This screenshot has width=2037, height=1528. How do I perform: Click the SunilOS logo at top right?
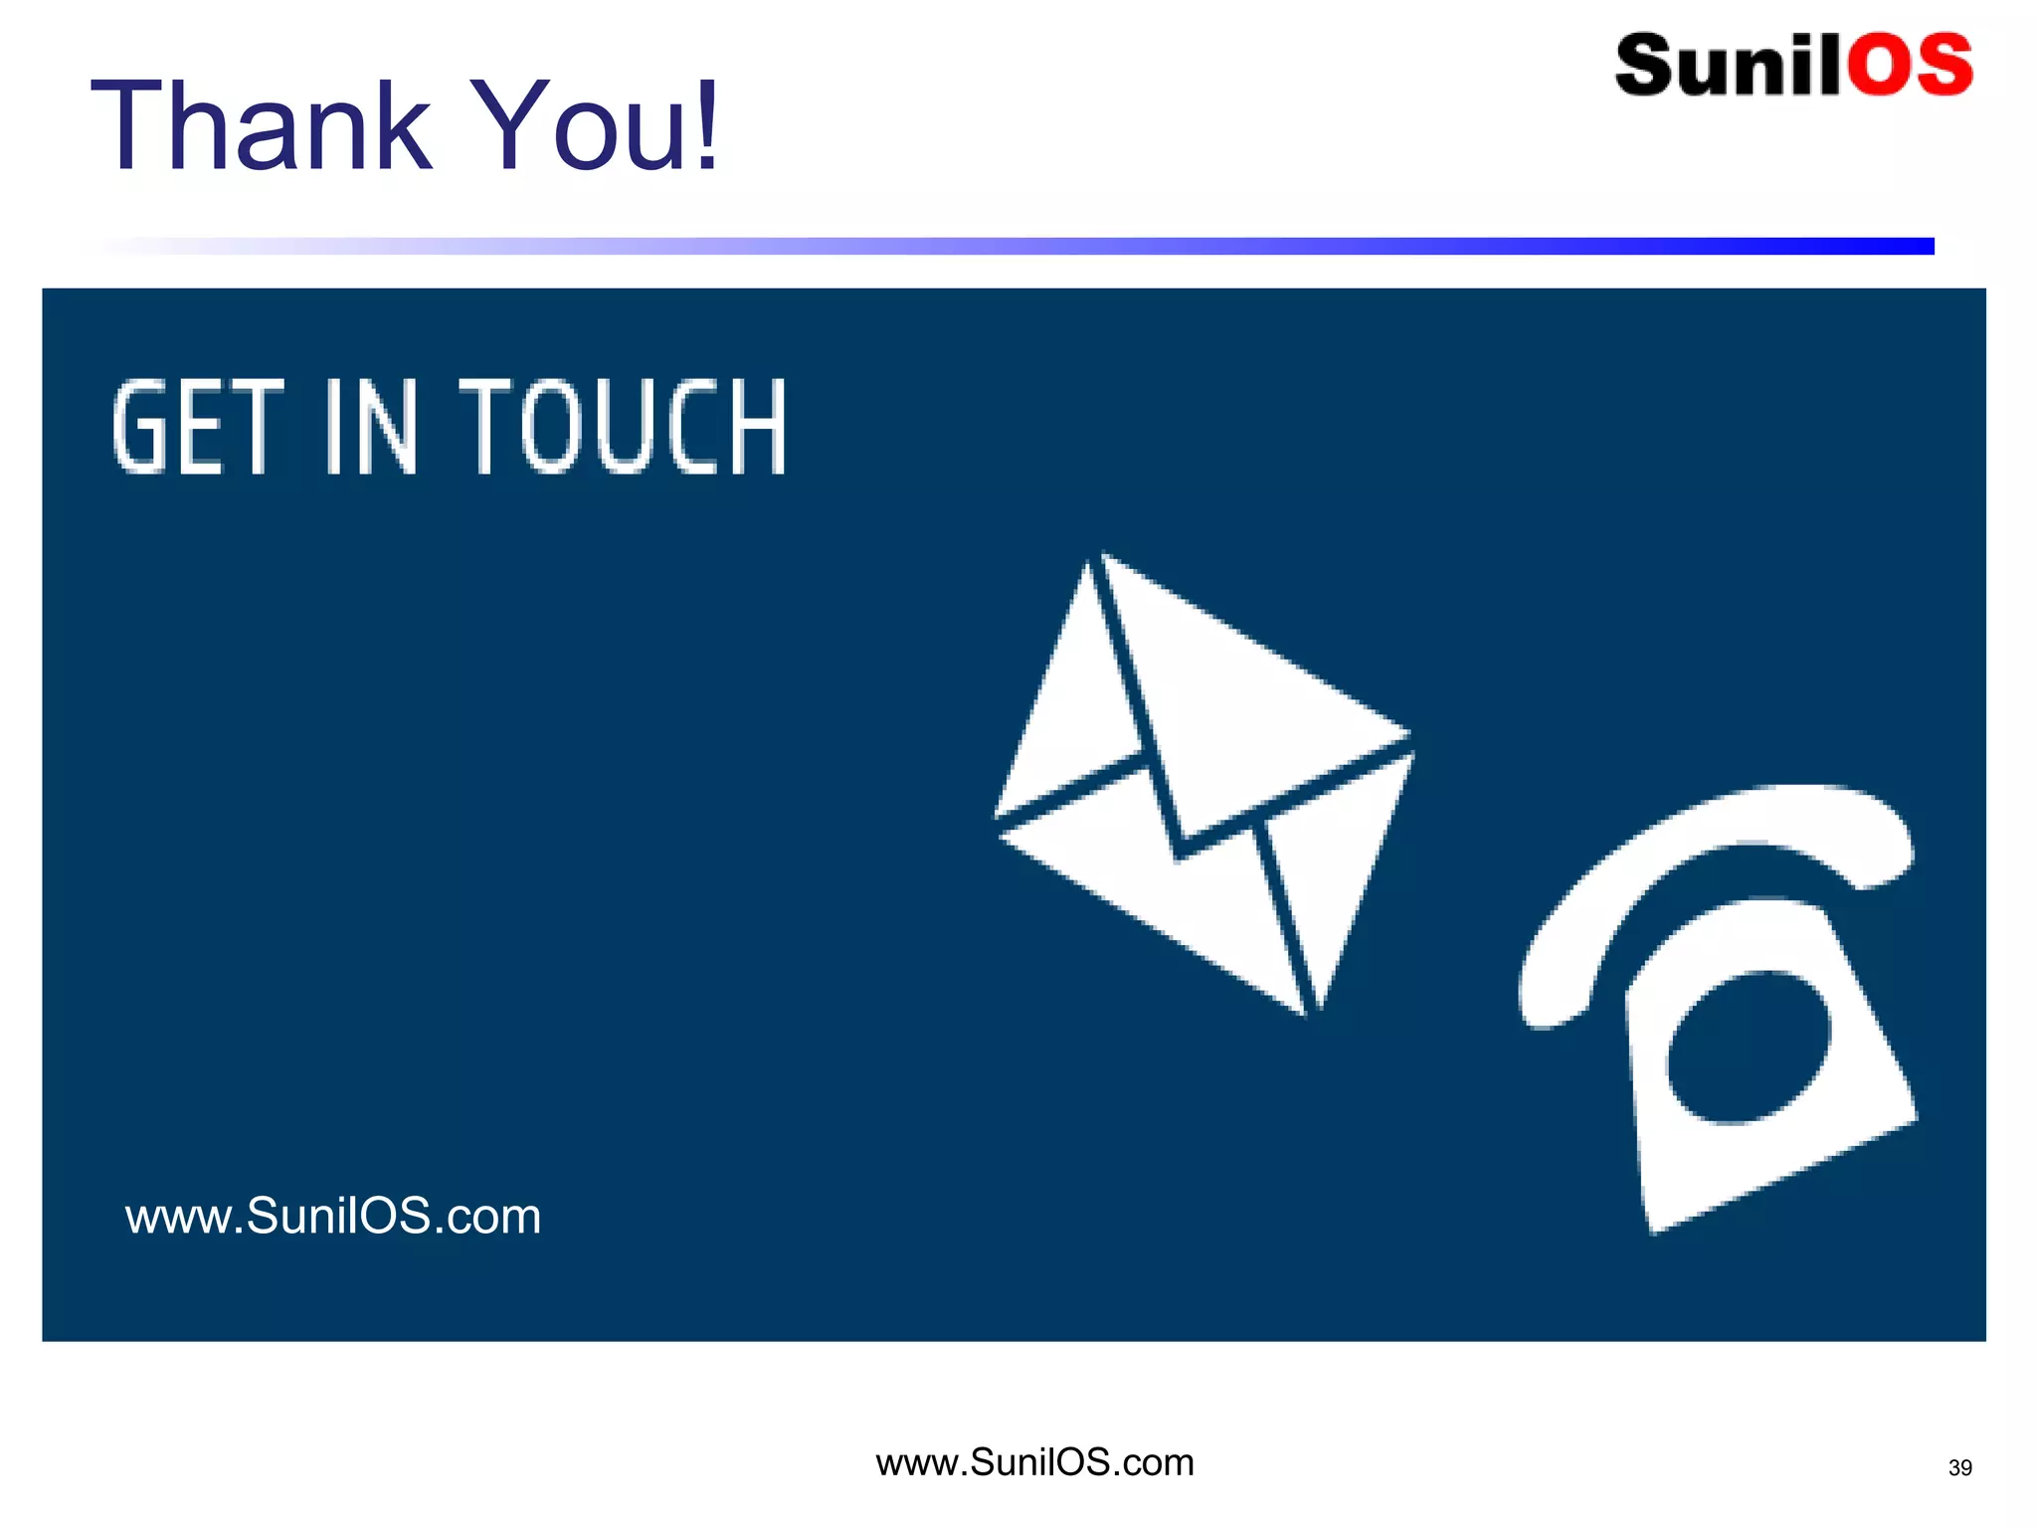pos(1793,66)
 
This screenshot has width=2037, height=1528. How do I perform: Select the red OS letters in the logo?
pos(1910,66)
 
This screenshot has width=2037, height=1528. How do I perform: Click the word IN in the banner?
pos(370,428)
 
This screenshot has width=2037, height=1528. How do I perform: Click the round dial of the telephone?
pos(1749,1048)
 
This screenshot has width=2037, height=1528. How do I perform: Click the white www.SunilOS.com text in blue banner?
pos(333,1216)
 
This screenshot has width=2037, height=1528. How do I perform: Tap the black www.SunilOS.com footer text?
pos(1034,1462)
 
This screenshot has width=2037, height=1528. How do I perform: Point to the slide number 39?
pos(1959,1468)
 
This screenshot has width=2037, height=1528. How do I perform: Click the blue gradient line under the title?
pos(1094,246)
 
